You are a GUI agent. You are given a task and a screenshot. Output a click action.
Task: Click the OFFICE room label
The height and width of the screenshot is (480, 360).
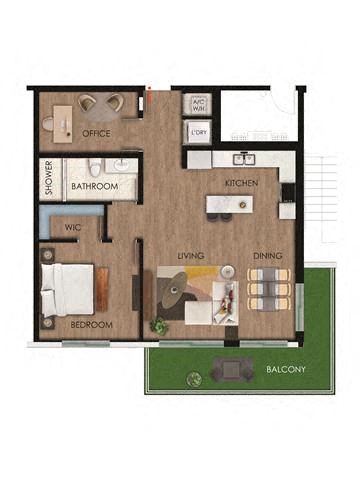pyautogui.click(x=97, y=134)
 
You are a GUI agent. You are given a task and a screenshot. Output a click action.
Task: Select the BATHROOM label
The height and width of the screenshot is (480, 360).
pyautogui.click(x=95, y=187)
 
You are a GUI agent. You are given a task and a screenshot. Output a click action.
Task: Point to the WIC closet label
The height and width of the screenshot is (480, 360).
pyautogui.click(x=72, y=227)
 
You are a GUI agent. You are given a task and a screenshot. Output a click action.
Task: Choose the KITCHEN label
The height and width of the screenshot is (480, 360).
pyautogui.click(x=242, y=184)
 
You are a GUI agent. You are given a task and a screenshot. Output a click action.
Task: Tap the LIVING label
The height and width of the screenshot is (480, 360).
pyautogui.click(x=191, y=256)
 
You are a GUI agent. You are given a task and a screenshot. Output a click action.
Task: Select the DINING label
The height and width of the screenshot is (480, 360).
pyautogui.click(x=266, y=256)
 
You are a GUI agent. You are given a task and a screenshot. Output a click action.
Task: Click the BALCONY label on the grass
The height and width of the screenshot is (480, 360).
pyautogui.click(x=286, y=370)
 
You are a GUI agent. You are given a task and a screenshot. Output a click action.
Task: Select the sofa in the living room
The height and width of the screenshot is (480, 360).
pyautogui.click(x=226, y=295)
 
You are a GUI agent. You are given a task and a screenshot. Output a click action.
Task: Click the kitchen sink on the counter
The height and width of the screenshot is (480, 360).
pyautogui.click(x=243, y=158)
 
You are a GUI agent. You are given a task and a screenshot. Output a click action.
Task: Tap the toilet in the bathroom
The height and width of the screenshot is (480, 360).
pyautogui.click(x=94, y=166)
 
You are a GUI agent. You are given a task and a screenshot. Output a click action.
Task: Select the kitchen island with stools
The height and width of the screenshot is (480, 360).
pyautogui.click(x=229, y=206)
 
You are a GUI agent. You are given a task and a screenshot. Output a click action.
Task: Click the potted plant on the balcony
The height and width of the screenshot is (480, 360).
pyautogui.click(x=193, y=378)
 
